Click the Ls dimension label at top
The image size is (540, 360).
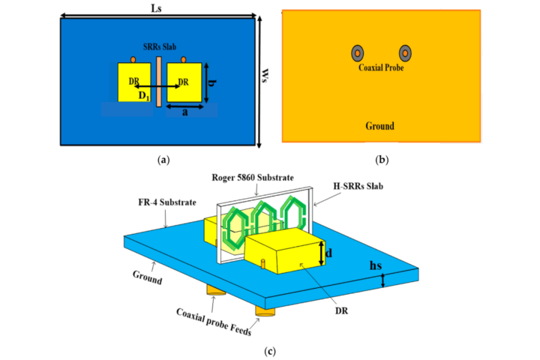pos(157,7)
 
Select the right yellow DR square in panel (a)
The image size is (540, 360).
pos(185,82)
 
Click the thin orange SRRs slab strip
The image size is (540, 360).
pos(159,82)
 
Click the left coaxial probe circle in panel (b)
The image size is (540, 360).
pos(358,52)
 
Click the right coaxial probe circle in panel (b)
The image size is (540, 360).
pos(405,52)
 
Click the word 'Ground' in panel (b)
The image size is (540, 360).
pos(380,126)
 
